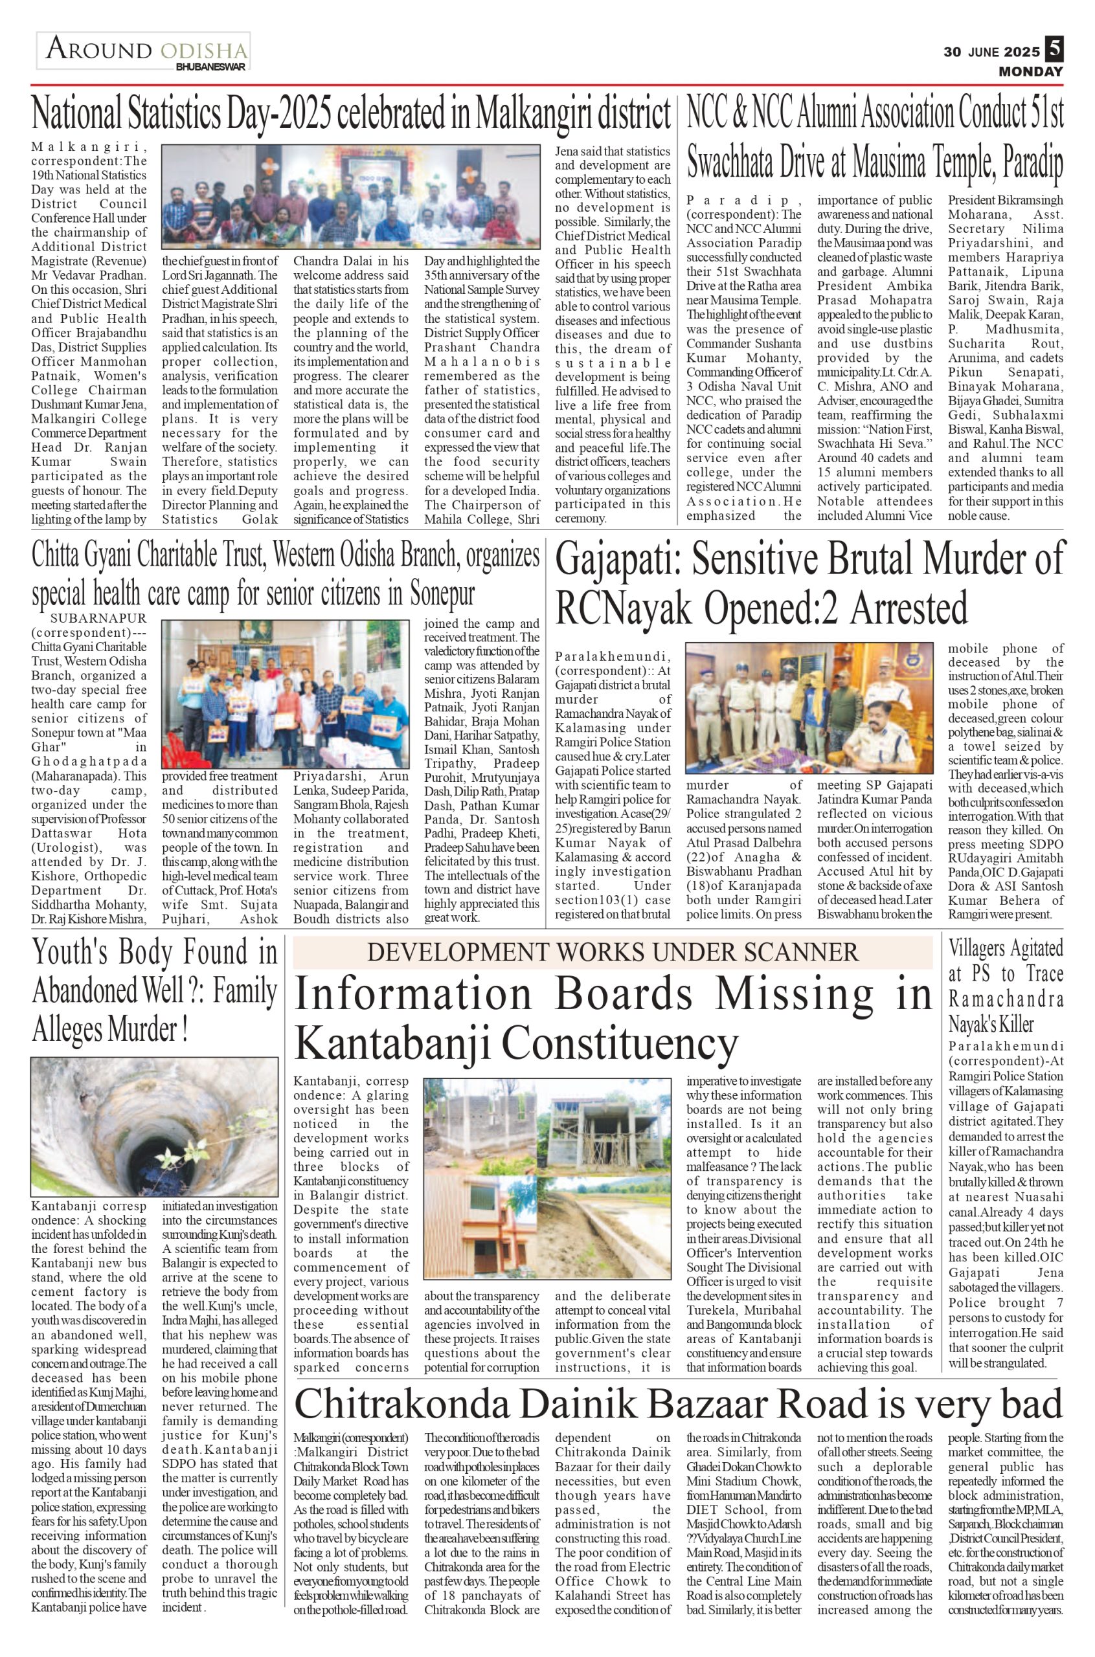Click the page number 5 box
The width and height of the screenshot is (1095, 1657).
[1054, 50]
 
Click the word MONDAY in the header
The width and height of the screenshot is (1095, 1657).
[1030, 71]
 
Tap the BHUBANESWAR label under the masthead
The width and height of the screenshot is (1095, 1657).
[210, 67]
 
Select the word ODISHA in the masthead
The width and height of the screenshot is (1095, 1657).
[203, 50]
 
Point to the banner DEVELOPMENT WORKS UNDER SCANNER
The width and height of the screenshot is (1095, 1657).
[613, 951]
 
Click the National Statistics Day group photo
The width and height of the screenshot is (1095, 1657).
[350, 197]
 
